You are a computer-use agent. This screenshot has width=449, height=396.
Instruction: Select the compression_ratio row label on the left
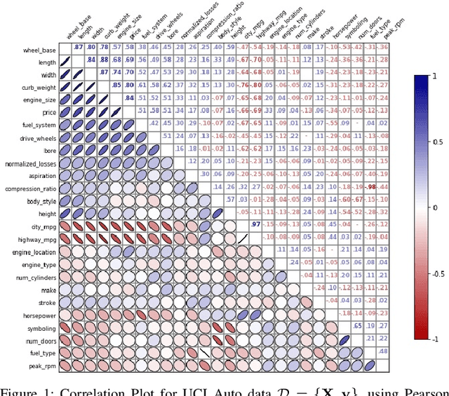(x=29, y=189)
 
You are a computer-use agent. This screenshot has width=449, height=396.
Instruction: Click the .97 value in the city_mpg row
(x=256, y=224)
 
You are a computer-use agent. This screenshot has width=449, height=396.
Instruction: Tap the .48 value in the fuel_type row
(x=383, y=351)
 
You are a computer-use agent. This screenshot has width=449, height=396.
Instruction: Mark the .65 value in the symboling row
(x=357, y=326)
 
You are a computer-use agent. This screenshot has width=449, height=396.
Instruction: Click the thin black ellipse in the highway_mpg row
(x=242, y=238)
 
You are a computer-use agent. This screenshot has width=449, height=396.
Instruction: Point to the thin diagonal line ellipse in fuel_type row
(x=204, y=352)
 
